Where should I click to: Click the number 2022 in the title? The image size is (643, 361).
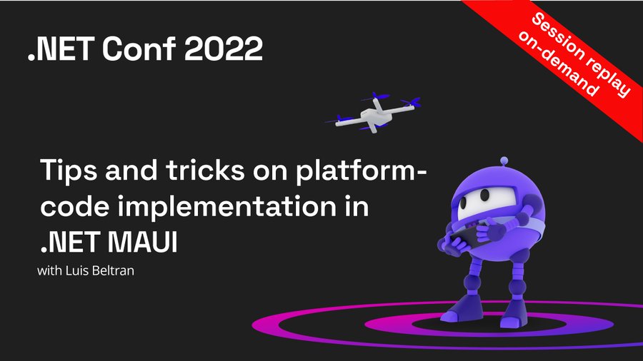click(x=224, y=49)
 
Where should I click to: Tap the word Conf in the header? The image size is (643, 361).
click(x=139, y=49)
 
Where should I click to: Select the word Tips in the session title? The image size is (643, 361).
click(x=69, y=171)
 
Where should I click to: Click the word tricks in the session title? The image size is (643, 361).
click(x=205, y=170)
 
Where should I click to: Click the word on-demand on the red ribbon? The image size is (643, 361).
click(x=559, y=63)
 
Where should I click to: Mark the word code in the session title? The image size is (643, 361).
click(x=76, y=206)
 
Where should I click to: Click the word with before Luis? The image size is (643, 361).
click(x=49, y=270)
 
